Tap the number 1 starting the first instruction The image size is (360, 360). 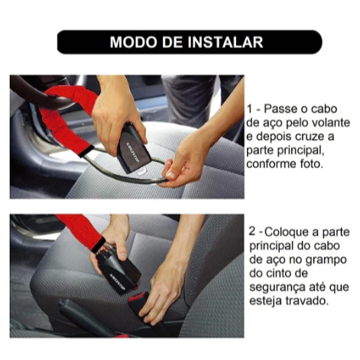250,109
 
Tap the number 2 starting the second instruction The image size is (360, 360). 252,232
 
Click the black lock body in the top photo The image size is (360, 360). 132,148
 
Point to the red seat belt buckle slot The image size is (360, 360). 138,297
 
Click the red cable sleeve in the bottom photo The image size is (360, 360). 81,231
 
